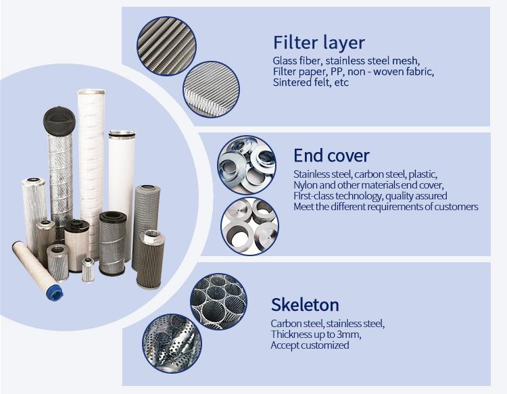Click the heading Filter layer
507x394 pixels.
click(319, 43)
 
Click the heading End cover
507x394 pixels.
click(331, 155)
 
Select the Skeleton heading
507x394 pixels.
click(305, 305)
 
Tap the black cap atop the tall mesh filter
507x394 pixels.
click(59, 121)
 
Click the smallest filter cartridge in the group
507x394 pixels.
click(88, 270)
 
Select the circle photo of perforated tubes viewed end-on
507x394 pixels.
click(218, 302)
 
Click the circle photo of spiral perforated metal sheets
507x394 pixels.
click(172, 343)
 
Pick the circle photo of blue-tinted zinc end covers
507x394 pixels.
click(247, 165)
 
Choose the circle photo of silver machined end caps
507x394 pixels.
click(249, 226)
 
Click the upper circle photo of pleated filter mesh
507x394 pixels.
click(166, 46)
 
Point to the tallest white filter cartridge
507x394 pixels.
click(91, 174)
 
